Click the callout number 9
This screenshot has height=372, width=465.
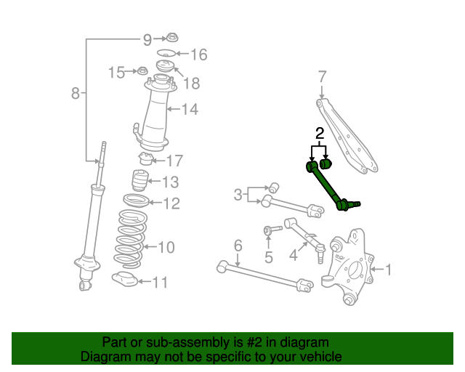click(x=147, y=39)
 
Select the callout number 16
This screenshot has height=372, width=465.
click(x=198, y=54)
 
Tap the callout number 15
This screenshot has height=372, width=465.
click(x=117, y=72)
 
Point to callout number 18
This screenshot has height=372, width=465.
click(x=191, y=84)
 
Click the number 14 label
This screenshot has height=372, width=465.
click(x=189, y=110)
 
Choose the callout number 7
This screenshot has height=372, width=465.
click(x=323, y=76)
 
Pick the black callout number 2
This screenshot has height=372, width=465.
click(x=319, y=133)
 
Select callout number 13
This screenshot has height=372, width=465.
click(x=169, y=182)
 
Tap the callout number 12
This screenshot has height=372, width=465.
click(x=171, y=204)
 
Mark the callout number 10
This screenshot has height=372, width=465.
click(x=166, y=248)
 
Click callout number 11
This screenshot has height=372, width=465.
click(x=159, y=282)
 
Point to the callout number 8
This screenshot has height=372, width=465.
click(x=76, y=92)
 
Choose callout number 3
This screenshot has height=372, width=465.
click(x=238, y=194)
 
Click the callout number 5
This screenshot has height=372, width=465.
click(x=269, y=257)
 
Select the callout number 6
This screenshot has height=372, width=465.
click(x=238, y=246)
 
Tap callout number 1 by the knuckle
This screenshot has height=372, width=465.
click(x=388, y=270)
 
